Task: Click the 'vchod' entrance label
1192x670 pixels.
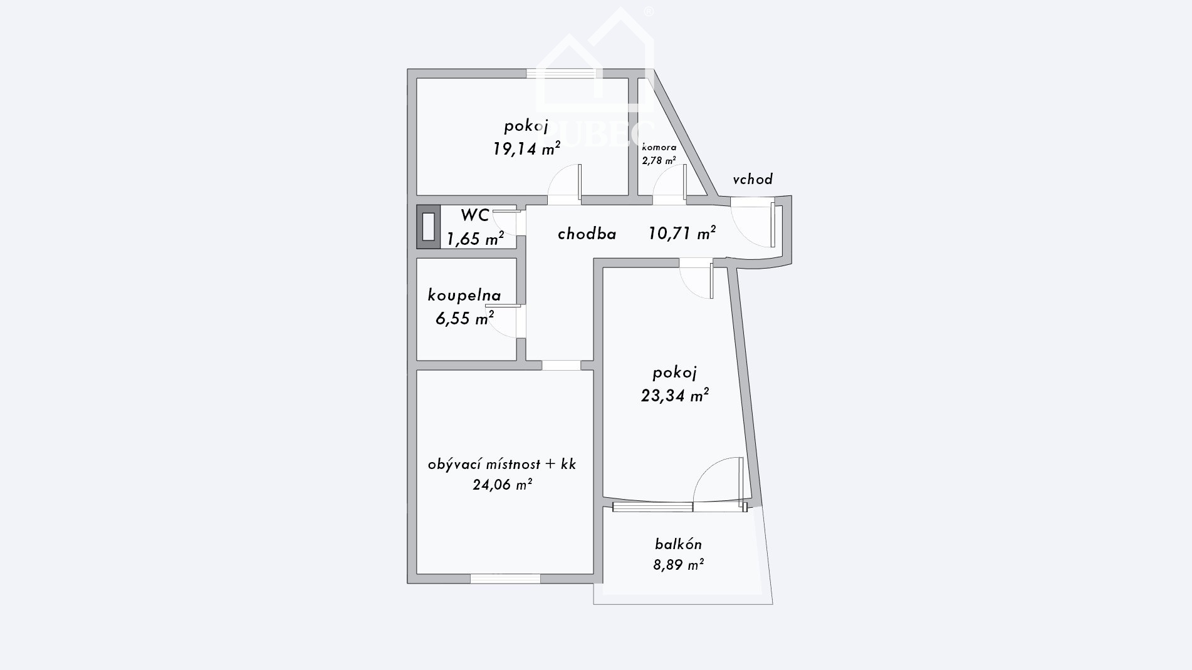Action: point(753,179)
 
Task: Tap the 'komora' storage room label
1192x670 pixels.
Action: point(659,148)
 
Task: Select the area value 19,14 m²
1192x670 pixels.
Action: point(526,148)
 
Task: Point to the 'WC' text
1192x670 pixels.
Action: point(475,215)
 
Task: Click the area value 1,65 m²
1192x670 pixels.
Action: point(475,239)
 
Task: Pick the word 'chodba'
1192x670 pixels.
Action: point(587,234)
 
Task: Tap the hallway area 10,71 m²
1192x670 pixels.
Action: point(682,234)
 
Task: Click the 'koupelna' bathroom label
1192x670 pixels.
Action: point(464,295)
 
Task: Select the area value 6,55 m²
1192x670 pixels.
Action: point(464,319)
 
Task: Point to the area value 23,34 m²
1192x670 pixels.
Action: point(675,396)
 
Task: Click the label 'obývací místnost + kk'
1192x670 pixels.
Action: point(502,464)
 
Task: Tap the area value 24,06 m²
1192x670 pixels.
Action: point(503,484)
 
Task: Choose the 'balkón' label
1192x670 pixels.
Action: point(679,544)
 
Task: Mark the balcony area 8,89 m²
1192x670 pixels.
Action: point(679,565)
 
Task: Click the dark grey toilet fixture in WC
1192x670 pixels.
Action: point(429,227)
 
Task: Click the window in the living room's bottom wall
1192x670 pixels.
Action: point(505,579)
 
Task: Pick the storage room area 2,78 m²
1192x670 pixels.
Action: point(659,160)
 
